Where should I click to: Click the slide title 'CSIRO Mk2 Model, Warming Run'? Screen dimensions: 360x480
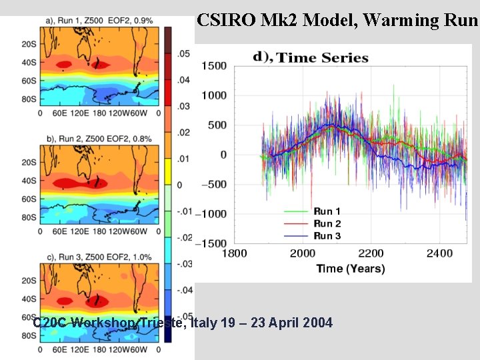337,20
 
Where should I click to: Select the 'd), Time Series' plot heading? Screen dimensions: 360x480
311,57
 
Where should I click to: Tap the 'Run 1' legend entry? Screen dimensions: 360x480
327,211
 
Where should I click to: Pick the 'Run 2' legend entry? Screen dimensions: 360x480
327,223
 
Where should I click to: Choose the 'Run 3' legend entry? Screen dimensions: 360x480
327,235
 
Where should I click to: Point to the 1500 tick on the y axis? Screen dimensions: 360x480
213,65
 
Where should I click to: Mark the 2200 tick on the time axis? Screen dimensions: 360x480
371,253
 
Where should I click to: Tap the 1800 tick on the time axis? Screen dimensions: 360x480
233,253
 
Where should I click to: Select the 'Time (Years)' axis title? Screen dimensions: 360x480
351,269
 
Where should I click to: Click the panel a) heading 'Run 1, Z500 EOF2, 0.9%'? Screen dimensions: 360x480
99,21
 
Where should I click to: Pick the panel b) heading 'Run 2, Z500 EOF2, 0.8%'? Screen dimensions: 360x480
99,139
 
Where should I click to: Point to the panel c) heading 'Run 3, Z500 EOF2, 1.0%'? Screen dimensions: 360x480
99,257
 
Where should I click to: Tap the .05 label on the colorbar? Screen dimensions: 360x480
183,53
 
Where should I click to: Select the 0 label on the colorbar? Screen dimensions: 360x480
179,185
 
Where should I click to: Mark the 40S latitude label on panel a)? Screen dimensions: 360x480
29,63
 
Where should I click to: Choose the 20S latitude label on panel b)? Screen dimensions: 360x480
29,162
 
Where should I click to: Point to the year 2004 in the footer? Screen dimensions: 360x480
317,323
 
